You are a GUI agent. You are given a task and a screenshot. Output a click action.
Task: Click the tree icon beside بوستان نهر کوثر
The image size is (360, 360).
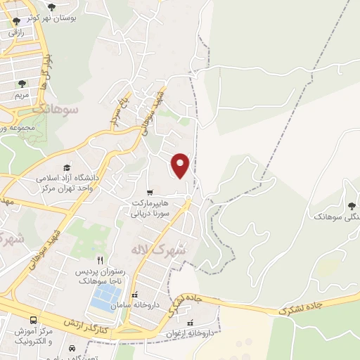[51, 7]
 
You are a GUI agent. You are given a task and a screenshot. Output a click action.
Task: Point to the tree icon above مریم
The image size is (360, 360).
[22, 83]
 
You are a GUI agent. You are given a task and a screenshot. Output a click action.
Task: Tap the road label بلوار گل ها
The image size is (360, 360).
[47, 72]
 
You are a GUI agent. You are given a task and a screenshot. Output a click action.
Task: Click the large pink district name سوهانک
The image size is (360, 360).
[54, 109]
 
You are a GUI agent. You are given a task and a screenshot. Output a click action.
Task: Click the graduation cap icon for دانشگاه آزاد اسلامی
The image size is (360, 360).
[67, 167]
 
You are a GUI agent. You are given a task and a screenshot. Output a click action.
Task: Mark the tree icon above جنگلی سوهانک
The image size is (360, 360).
[351, 206]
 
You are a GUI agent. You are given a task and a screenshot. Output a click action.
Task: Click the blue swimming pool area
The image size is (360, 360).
[105, 297]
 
